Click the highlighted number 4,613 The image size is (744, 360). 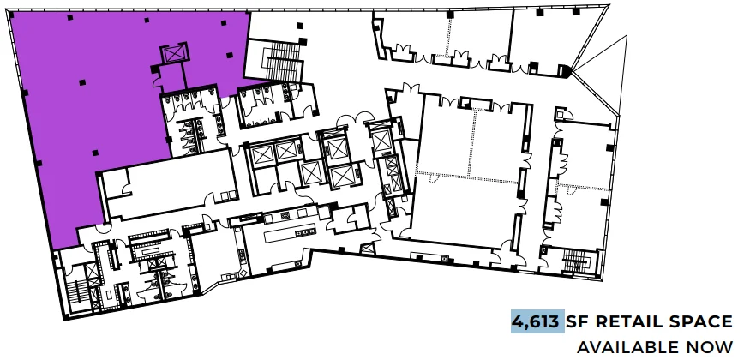coord(537,321)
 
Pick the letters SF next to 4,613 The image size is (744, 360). coord(578,321)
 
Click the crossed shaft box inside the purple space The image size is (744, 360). coord(175,54)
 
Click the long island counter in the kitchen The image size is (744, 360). coord(291,233)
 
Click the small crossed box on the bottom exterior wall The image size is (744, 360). coord(367,248)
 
